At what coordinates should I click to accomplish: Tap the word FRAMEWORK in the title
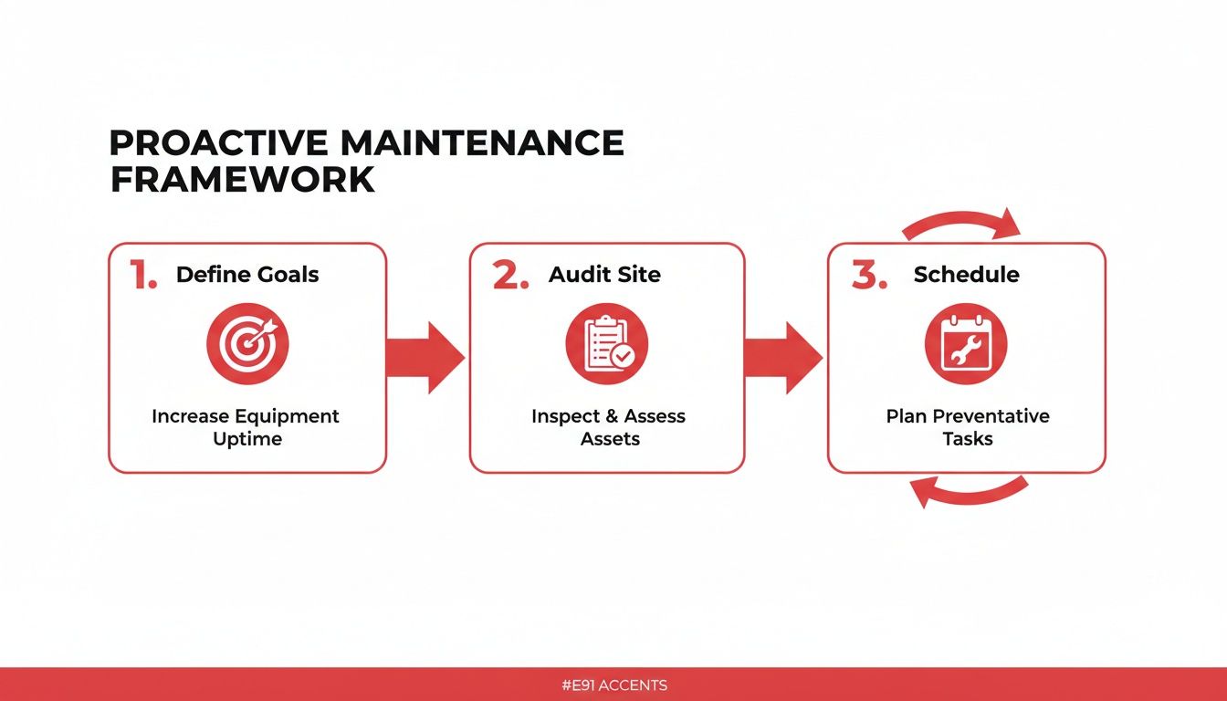[242, 180]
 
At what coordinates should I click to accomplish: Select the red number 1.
[142, 275]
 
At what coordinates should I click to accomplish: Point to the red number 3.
[868, 275]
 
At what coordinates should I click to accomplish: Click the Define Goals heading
[247, 275]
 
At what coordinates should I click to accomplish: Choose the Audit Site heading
[604, 275]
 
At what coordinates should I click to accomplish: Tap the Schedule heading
[966, 275]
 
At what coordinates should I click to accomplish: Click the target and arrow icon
[247, 343]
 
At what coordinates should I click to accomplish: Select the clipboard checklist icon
[606, 343]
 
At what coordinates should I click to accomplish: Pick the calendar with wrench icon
[966, 343]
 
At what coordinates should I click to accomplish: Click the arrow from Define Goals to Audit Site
[425, 357]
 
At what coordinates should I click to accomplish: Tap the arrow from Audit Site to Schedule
[783, 357]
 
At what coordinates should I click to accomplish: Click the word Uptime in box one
[246, 439]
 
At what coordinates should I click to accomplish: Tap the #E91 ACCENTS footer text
[613, 685]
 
